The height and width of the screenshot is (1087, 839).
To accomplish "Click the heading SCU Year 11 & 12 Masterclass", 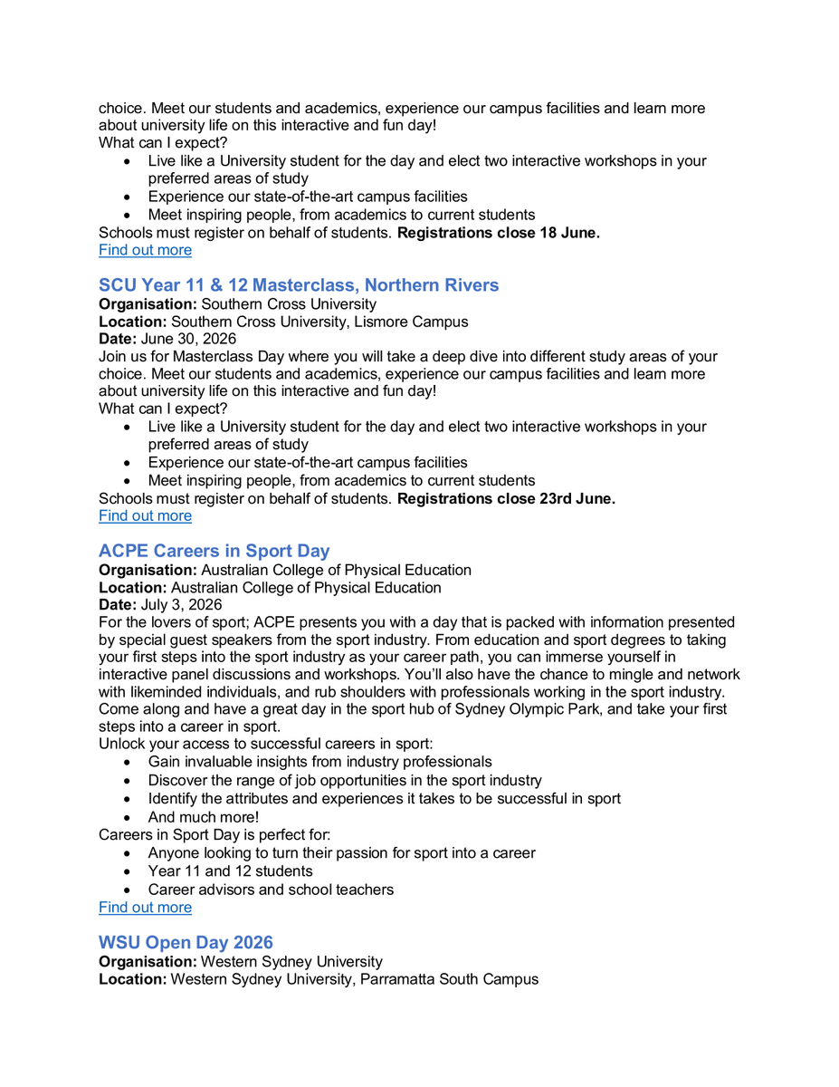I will [x=299, y=285].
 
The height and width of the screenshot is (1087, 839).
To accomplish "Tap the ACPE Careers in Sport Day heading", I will [x=215, y=551].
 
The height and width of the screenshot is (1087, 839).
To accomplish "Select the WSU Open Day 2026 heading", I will [x=186, y=943].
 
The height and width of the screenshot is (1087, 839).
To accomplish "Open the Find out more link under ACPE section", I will [x=145, y=908].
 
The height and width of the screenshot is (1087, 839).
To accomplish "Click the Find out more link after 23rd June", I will [x=145, y=515].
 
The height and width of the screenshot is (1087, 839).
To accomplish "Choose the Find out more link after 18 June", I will [x=145, y=250].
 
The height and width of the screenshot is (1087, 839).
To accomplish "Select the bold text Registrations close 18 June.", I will [x=499, y=233].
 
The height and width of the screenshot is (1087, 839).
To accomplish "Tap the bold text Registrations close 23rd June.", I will [x=506, y=498].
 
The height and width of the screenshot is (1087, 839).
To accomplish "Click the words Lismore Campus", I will [x=418, y=322].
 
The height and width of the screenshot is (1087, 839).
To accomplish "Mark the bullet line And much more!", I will [x=204, y=817].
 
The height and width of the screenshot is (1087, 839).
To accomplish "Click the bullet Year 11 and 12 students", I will [x=231, y=871].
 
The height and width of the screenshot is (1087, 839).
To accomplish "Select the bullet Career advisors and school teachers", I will [x=271, y=890].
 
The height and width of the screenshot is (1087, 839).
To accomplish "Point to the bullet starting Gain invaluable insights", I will [x=320, y=762].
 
